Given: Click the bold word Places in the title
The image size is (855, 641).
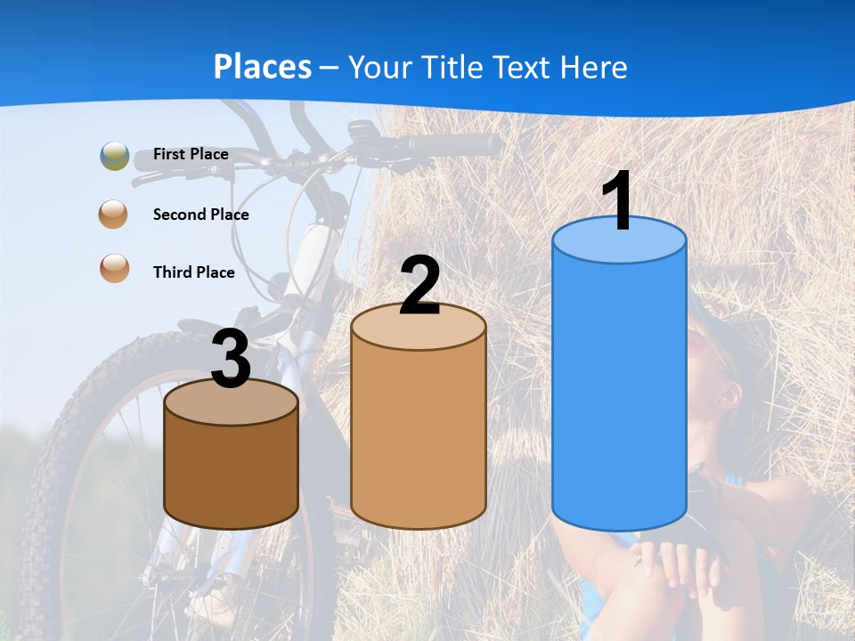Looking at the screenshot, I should click(x=263, y=67).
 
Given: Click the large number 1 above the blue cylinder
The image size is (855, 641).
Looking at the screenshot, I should click(x=617, y=201).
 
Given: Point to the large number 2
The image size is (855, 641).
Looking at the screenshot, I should click(x=419, y=286).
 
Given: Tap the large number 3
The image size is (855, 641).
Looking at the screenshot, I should click(x=232, y=360).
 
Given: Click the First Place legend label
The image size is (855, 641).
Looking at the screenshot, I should click(x=191, y=154).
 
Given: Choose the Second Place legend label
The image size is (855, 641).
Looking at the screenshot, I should click(x=200, y=215).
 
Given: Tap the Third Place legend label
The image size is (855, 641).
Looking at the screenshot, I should click(x=193, y=272).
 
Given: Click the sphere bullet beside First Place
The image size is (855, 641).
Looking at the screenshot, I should click(x=115, y=156).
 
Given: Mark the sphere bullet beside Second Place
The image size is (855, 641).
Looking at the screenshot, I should click(x=114, y=215).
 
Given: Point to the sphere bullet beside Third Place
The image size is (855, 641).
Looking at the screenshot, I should click(x=114, y=268).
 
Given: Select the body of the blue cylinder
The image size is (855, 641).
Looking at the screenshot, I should click(x=619, y=392).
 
